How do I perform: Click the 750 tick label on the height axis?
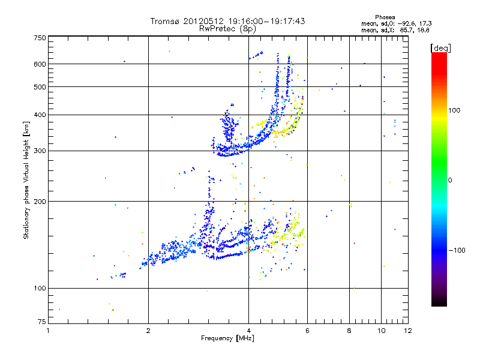(40, 38)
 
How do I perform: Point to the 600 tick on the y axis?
(40, 64)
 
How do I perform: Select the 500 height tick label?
(40, 87)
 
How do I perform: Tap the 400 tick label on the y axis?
(40, 115)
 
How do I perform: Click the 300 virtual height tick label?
(40, 151)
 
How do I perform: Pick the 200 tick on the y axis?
(40, 202)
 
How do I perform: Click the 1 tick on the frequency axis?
(48, 331)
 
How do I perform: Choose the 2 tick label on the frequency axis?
(148, 331)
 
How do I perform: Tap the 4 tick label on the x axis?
(248, 331)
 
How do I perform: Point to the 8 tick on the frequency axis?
(349, 331)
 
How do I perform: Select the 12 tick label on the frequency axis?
(407, 331)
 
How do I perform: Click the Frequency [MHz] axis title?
(227, 338)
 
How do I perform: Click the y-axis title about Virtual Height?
(26, 180)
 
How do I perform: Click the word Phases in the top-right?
(385, 17)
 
